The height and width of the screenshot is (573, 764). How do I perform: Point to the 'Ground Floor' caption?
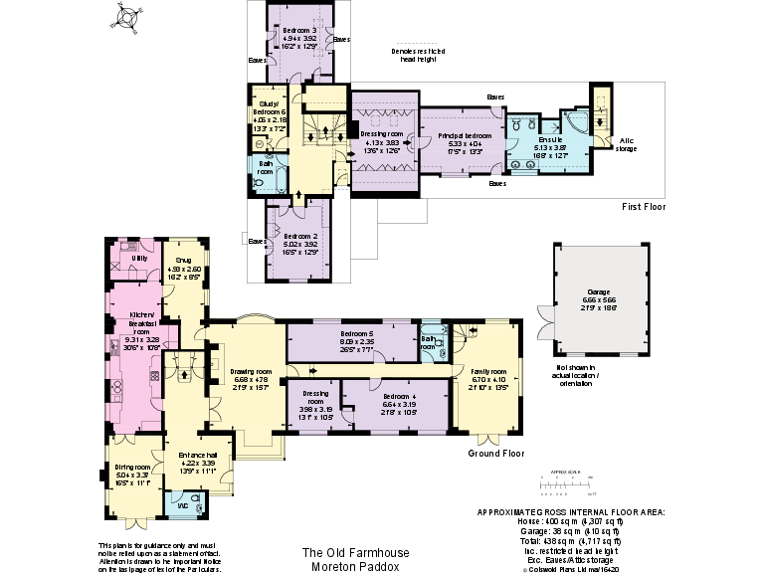click(x=495, y=454)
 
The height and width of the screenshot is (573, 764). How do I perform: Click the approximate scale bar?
click(x=566, y=486)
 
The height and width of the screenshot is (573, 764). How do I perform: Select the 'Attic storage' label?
click(x=627, y=145)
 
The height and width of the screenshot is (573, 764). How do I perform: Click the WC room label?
click(x=183, y=505)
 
